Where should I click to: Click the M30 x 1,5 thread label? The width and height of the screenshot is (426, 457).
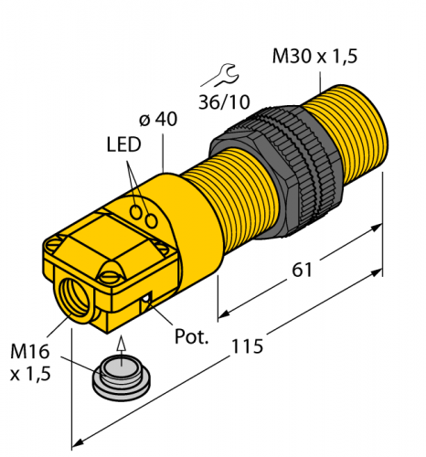click(x=314, y=57)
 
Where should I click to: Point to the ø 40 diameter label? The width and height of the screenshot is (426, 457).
click(x=160, y=120)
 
